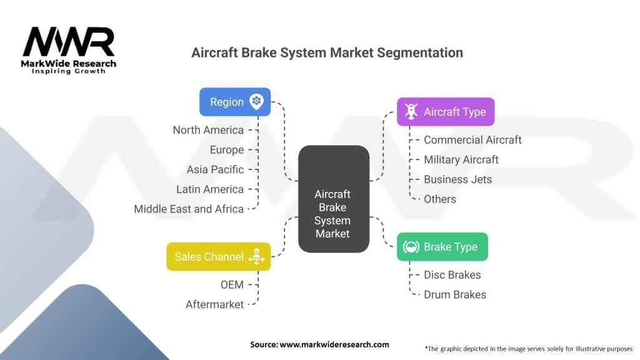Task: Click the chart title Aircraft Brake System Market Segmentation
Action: click(327, 52)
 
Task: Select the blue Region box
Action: click(235, 102)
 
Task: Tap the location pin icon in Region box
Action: click(256, 102)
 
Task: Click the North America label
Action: click(208, 130)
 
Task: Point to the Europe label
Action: click(226, 150)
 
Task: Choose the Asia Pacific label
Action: click(215, 169)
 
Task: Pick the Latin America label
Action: click(210, 189)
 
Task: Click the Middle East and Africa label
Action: click(189, 209)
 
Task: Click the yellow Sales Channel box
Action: click(218, 257)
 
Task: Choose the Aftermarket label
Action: click(214, 304)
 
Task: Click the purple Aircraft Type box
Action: click(446, 112)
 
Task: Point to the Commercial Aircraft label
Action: click(472, 140)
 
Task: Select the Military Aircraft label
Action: click(461, 159)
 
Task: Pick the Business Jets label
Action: click(457, 179)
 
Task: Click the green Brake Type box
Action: click(442, 247)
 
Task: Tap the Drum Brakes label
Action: click(454, 294)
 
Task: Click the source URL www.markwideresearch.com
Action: click(335, 344)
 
